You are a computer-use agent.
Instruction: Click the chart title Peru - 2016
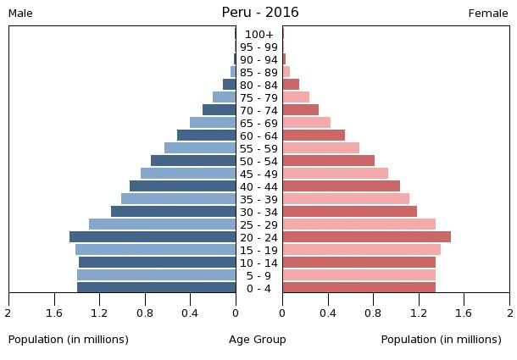(259, 13)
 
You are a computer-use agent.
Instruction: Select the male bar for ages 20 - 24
(153, 237)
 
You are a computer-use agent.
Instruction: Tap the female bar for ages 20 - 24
(366, 237)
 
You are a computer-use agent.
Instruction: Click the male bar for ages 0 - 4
(157, 288)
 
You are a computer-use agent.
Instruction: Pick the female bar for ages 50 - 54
(328, 161)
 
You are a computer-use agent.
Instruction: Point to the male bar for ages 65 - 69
(213, 123)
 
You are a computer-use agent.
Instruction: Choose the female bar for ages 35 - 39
(346, 199)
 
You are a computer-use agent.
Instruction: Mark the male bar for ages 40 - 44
(182, 186)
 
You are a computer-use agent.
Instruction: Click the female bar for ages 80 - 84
(291, 85)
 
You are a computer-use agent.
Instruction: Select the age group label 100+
(258, 35)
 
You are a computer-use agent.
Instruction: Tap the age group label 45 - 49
(258, 174)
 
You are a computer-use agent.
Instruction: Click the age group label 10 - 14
(258, 263)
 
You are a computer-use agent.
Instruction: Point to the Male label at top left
(20, 14)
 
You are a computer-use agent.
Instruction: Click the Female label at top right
(488, 14)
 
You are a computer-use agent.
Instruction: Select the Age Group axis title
(258, 340)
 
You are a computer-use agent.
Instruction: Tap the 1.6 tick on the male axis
(55, 313)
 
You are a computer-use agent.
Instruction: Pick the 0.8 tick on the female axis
(373, 313)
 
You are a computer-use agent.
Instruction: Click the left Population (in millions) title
(69, 340)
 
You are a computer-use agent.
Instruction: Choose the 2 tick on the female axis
(509, 313)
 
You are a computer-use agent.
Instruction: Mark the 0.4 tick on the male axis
(191, 313)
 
